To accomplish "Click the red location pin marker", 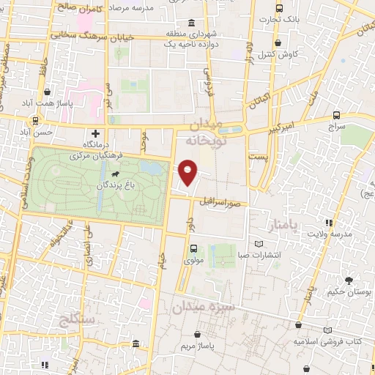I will pos(188,171).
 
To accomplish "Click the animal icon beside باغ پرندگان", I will pos(116,174).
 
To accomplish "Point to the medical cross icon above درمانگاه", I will pos(96,134).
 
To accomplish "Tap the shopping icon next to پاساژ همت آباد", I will pos(48,93).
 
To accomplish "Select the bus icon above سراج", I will pos(336,115).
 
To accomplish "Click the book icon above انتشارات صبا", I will pos(257,244).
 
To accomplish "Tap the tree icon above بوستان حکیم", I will pos(349,281).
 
